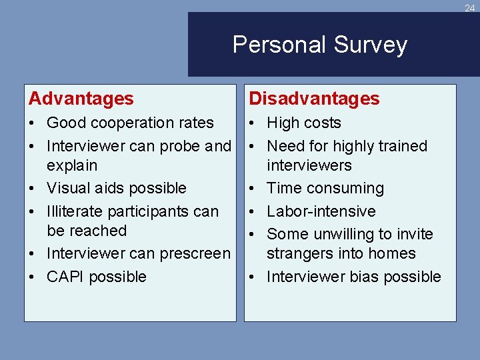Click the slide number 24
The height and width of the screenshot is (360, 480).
(x=470, y=8)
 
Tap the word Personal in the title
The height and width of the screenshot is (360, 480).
(x=279, y=45)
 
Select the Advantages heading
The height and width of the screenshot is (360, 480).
(x=81, y=99)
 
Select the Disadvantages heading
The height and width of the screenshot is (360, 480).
(x=314, y=99)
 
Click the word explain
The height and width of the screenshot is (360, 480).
(x=72, y=165)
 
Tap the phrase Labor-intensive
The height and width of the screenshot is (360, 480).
(x=321, y=211)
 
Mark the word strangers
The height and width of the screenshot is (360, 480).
(x=298, y=254)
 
